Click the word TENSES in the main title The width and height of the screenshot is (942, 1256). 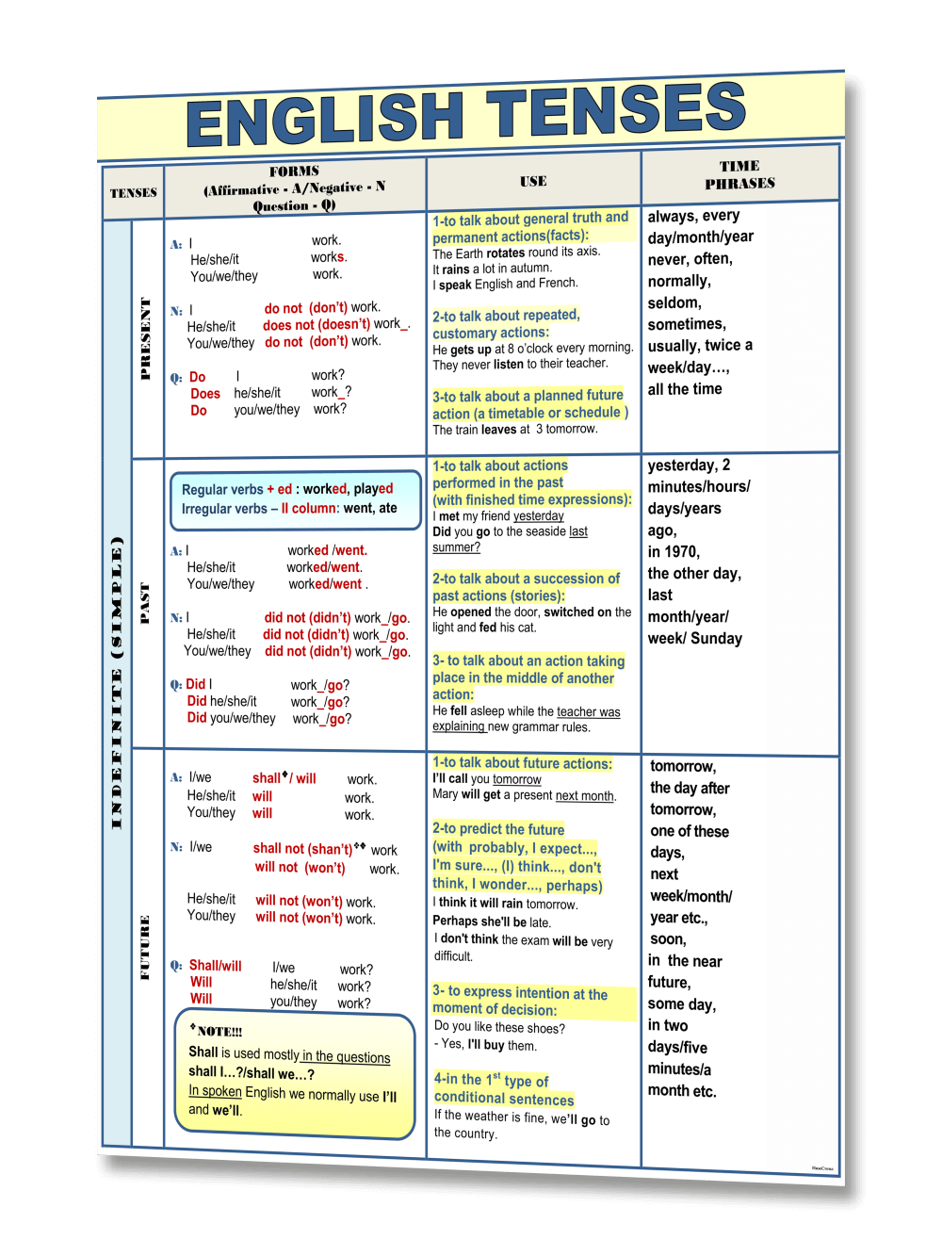pyautogui.click(x=616, y=112)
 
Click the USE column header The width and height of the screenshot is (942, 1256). pyautogui.click(x=533, y=181)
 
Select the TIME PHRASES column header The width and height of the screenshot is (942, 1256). pyautogui.click(x=739, y=175)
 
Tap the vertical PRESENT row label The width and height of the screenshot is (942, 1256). pyautogui.click(x=145, y=338)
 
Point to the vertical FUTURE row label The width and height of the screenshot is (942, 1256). pyautogui.click(x=145, y=947)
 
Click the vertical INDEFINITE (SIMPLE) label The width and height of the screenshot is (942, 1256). pyautogui.click(x=117, y=683)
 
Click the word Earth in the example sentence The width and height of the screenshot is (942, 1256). pyautogui.click(x=472, y=253)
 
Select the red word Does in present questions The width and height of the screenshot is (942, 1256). pyautogui.click(x=205, y=394)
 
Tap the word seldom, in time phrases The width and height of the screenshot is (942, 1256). pyautogui.click(x=674, y=302)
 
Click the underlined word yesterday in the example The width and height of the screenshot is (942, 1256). pyautogui.click(x=539, y=516)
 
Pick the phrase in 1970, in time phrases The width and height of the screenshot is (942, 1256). pyautogui.click(x=674, y=552)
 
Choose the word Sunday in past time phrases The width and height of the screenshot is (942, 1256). pyautogui.click(x=717, y=639)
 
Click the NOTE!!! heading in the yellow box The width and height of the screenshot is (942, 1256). pyautogui.click(x=219, y=1032)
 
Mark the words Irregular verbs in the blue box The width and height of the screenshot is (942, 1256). pyautogui.click(x=224, y=509)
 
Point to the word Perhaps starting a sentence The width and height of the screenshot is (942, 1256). pyautogui.click(x=455, y=922)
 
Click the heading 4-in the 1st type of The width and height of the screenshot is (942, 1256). pyautogui.click(x=491, y=1080)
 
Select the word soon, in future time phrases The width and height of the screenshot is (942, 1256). pyautogui.click(x=668, y=939)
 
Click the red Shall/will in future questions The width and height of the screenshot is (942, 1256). pyautogui.click(x=215, y=966)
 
